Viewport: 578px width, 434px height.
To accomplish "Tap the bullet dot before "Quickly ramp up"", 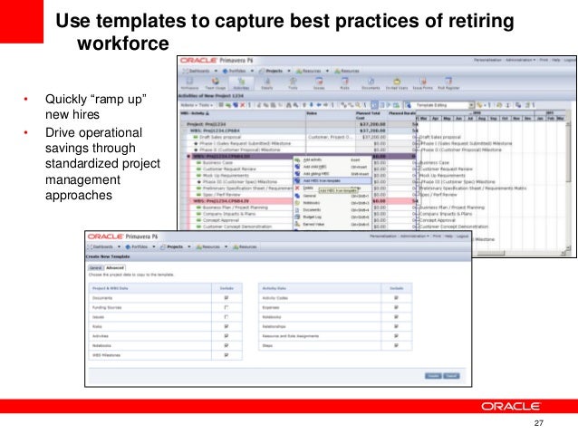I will (25, 99).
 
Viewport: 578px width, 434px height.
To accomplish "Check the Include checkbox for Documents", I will (225, 295).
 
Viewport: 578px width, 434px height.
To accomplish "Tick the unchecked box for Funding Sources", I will (225, 307).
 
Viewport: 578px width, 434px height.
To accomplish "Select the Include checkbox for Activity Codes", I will (395, 295).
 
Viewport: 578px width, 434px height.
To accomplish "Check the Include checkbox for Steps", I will (395, 345).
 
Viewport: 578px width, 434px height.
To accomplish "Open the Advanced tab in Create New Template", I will (114, 267).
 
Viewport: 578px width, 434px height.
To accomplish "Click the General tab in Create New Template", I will (93, 267).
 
